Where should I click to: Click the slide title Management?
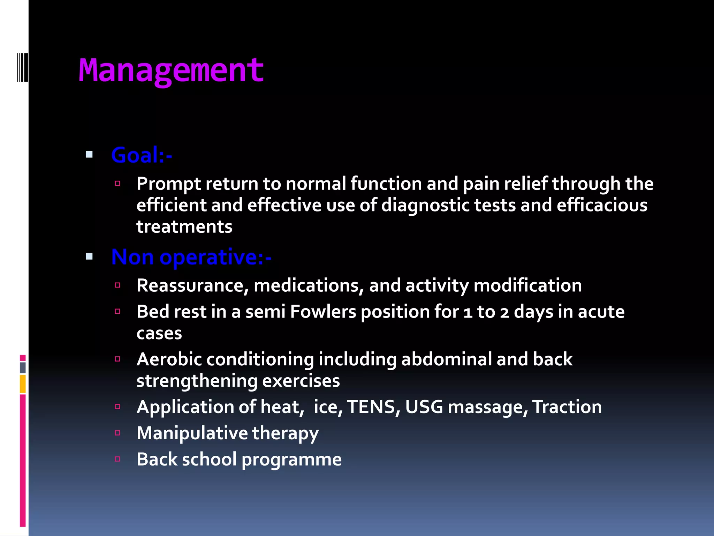171,71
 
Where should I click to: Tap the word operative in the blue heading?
208,258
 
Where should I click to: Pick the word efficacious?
602,205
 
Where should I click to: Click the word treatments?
184,227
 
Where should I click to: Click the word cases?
159,333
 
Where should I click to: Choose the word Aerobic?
169,359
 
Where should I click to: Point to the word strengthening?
197,381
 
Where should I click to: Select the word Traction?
567,407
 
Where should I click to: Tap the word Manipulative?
192,433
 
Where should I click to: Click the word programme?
291,460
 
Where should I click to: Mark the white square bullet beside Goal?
89,155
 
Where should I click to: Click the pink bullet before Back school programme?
117,459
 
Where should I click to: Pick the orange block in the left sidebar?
23,384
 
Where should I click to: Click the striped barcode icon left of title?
23,67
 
